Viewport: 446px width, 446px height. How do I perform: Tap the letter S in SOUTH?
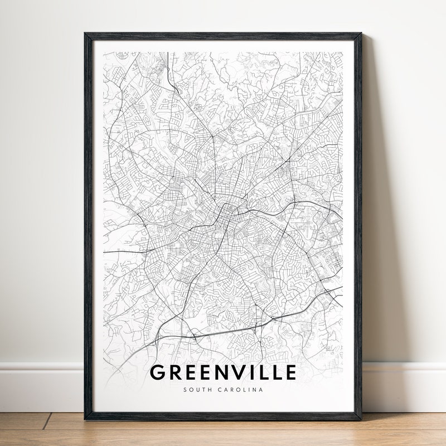click(185, 390)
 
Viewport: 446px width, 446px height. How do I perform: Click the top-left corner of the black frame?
click(85, 34)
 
